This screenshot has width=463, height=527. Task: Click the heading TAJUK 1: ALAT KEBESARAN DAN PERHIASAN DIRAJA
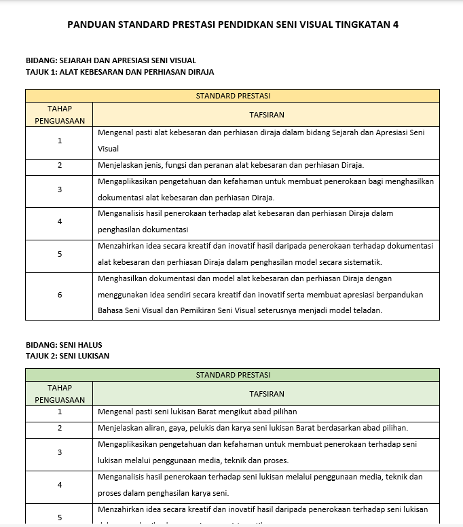click(x=119, y=71)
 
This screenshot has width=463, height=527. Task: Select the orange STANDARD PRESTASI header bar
click(x=232, y=96)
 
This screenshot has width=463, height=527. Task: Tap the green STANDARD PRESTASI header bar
click(x=232, y=375)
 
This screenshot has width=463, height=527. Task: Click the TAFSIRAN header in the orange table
click(x=266, y=115)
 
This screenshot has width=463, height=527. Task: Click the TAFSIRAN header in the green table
click(x=266, y=394)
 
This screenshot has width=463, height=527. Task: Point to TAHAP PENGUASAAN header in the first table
click(x=60, y=115)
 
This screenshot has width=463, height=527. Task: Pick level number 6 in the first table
click(x=60, y=295)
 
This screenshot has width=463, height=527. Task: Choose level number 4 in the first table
click(x=60, y=221)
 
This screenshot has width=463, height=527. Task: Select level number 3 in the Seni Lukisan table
click(x=60, y=452)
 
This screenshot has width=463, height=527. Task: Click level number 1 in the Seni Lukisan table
click(x=60, y=412)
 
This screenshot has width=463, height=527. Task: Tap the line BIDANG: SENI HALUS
click(x=64, y=345)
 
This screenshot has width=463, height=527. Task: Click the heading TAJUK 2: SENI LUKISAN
click(x=67, y=355)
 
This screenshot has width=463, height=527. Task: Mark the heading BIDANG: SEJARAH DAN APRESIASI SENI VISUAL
click(x=111, y=60)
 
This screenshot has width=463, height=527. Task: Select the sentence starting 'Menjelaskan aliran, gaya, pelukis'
click(x=253, y=428)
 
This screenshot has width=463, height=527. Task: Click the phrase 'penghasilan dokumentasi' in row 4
click(x=143, y=230)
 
